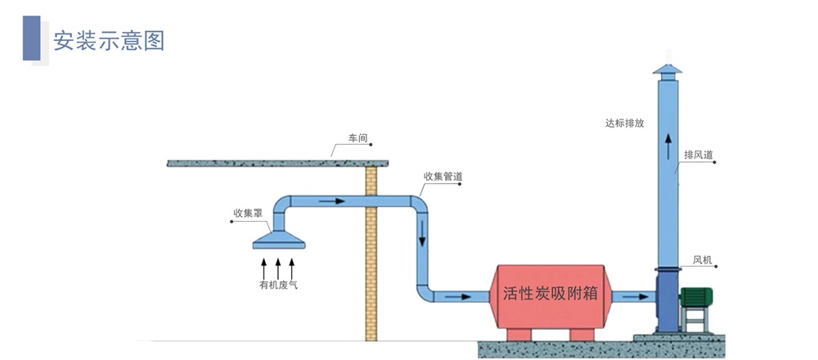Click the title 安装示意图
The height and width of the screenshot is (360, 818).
[x=109, y=40]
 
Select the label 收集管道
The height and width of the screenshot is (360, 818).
[x=443, y=176]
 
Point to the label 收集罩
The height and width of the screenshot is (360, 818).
[x=247, y=214]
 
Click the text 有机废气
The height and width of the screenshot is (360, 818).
[x=278, y=285]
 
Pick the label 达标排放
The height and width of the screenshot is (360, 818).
[x=625, y=124]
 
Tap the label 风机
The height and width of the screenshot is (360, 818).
[x=703, y=260]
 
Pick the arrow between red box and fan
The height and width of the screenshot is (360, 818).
[x=634, y=295]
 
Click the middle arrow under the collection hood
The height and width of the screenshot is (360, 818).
[x=278, y=267]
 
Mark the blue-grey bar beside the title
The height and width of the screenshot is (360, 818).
[x=31, y=38]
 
